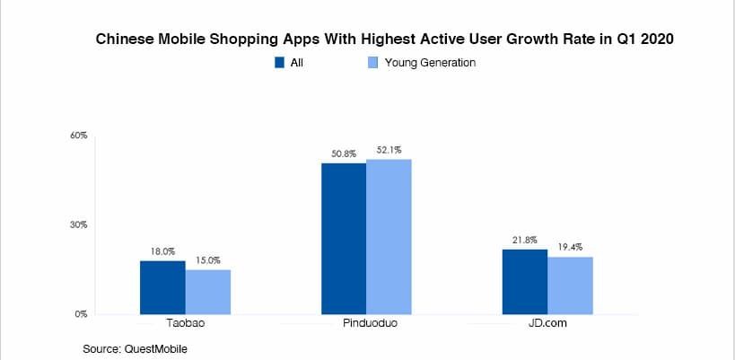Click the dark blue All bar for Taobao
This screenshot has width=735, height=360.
click(x=162, y=287)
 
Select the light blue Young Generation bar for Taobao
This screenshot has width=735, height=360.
click(x=208, y=292)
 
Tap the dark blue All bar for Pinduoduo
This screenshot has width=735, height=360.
click(x=344, y=238)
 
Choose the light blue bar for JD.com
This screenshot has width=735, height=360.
click(x=570, y=285)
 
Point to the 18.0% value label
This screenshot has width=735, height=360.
click(x=162, y=253)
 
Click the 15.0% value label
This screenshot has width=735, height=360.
click(x=208, y=261)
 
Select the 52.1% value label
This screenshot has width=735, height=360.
click(x=389, y=150)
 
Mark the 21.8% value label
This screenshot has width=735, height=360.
click(x=525, y=240)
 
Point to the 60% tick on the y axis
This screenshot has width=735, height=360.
click(x=79, y=136)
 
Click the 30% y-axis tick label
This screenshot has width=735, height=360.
click(x=79, y=224)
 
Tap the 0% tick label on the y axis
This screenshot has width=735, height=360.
click(x=81, y=314)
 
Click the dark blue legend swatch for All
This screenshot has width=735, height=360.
click(x=279, y=63)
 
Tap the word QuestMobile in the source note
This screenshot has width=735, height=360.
click(x=160, y=347)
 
